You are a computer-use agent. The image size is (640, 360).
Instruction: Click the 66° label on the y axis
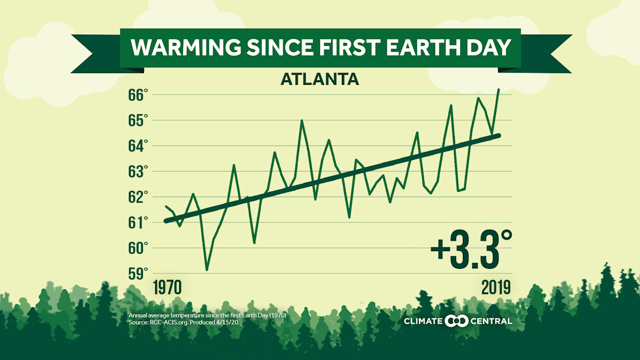pyautogui.click(x=137, y=95)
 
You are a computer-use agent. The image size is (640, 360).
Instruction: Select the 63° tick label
pyautogui.click(x=137, y=172)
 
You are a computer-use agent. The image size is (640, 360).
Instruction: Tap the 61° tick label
pyautogui.click(x=137, y=222)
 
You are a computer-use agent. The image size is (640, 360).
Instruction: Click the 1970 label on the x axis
pyautogui.click(x=167, y=287)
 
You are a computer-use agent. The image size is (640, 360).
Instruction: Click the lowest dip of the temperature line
pyautogui.click(x=206, y=269)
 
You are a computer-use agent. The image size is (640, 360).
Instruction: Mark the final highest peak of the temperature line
pyautogui.click(x=498, y=90)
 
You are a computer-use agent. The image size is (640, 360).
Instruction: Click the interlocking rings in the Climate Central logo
pyautogui.click(x=457, y=321)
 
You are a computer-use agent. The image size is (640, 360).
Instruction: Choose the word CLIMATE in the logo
pyautogui.click(x=424, y=321)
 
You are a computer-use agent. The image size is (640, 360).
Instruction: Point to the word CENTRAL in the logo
pyautogui.click(x=491, y=321)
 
